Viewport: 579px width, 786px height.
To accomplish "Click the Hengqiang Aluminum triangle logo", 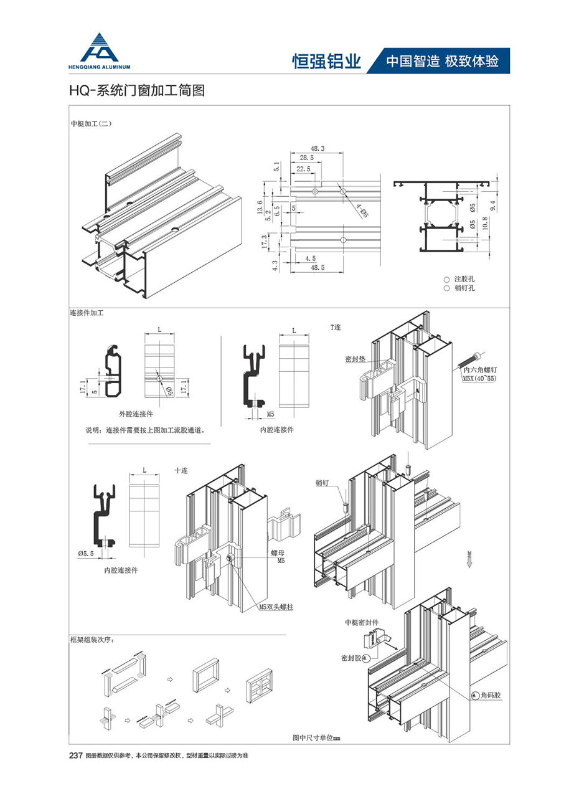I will click(x=100, y=47).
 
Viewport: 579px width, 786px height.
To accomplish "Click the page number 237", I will click(x=75, y=755).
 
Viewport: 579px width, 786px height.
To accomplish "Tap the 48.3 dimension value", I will click(x=317, y=149).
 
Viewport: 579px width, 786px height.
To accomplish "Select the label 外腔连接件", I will click(x=136, y=414).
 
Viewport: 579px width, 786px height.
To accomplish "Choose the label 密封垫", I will click(x=355, y=359).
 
